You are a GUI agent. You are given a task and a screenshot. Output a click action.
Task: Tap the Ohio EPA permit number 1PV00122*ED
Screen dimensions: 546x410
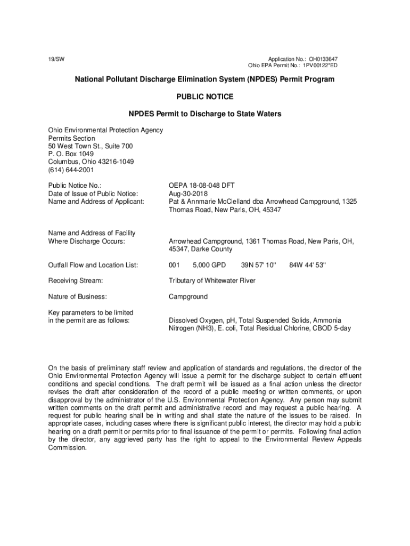320,66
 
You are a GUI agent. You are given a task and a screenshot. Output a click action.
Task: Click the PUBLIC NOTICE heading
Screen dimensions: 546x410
204,97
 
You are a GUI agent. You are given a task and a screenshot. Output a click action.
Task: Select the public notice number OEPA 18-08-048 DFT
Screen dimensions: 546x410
202,186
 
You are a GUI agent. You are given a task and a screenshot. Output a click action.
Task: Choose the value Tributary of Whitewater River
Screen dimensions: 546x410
212,280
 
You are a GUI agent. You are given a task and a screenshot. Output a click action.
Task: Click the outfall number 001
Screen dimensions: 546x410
174,265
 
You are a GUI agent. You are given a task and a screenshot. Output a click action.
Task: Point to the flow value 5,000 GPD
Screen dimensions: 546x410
209,265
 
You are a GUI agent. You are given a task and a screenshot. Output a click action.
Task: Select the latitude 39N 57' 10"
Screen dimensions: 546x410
259,265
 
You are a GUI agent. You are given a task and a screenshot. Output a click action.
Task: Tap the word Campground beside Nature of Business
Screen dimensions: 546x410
188,296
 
